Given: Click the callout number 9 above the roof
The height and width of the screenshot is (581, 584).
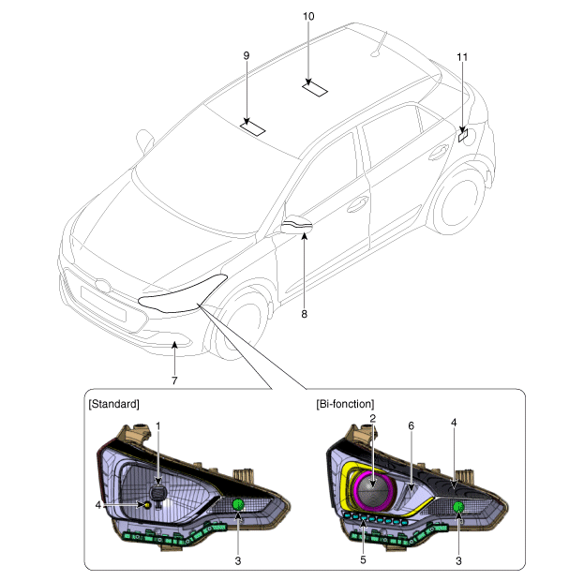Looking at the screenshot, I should (x=247, y=56).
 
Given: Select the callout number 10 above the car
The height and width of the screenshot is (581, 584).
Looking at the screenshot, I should (x=309, y=17).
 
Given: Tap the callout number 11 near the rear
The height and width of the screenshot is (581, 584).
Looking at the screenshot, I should (x=462, y=57).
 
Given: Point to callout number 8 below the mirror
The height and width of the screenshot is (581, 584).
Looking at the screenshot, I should (x=304, y=314).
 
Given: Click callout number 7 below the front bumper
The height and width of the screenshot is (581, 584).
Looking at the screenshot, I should (x=173, y=380).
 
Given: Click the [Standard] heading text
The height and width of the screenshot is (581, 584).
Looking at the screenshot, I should (x=113, y=404).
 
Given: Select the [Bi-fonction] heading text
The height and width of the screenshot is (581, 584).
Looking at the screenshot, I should (x=346, y=404).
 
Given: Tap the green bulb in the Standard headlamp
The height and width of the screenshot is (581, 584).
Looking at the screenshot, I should (x=238, y=506).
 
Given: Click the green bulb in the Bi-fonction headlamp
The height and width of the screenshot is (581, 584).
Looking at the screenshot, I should (x=458, y=508).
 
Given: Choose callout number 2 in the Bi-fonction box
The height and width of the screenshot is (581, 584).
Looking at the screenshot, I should (x=372, y=419).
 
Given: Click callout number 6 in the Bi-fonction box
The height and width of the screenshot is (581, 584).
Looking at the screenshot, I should (x=410, y=425).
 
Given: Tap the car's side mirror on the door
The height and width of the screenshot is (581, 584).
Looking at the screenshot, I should (x=296, y=224).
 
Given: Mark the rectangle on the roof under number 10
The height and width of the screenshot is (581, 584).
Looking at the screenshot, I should (x=316, y=88).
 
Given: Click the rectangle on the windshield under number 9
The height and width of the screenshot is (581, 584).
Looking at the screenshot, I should (x=253, y=127).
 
